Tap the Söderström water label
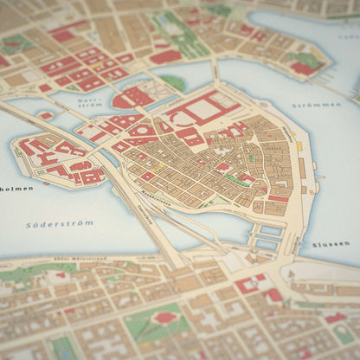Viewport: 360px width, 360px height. (x=60, y=223)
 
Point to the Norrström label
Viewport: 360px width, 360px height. (x=88, y=104)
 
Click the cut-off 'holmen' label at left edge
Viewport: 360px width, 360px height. (x=16, y=187)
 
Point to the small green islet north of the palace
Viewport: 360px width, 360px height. (x=173, y=82)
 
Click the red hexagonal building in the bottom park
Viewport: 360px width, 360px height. (x=164, y=318)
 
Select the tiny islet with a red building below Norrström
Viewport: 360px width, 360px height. (x=45, y=114)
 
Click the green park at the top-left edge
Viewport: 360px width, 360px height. (x=15, y=42)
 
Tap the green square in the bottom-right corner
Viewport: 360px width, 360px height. (x=344, y=334)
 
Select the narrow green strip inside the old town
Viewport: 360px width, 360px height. (x=234, y=180)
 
